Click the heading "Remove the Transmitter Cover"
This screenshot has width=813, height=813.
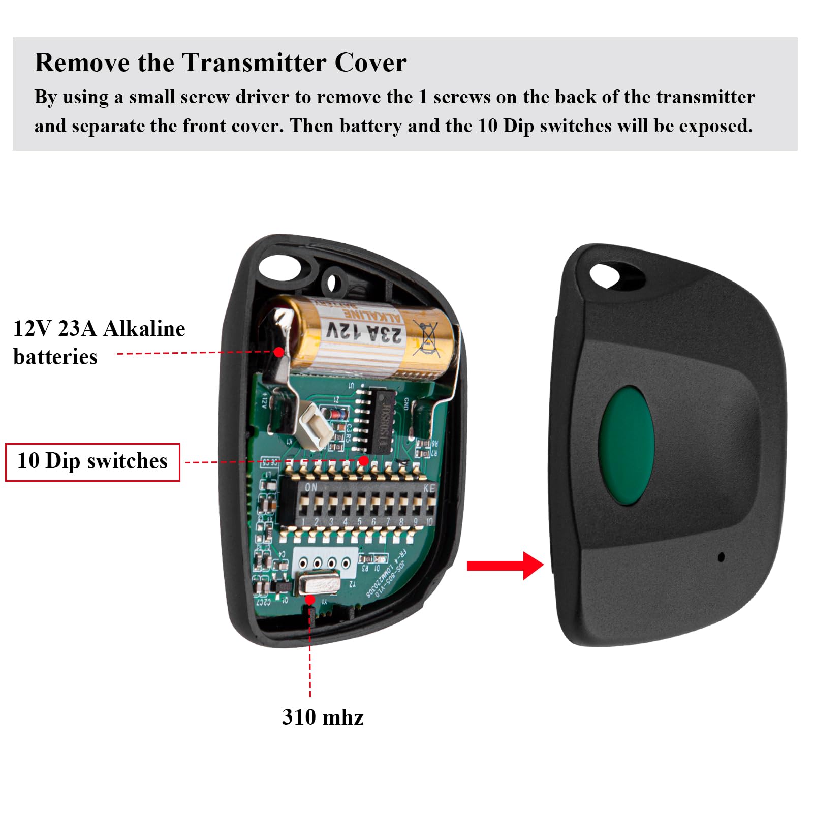(220, 63)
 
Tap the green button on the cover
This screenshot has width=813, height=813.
(626, 445)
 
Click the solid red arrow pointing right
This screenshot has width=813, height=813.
(505, 566)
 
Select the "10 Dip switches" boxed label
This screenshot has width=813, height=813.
(92, 462)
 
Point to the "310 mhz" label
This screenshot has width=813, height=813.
(323, 717)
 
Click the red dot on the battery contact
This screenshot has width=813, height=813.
(278, 352)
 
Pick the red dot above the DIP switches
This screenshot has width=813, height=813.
(364, 461)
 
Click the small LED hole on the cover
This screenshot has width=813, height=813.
(721, 557)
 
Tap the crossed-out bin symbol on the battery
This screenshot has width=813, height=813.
(426, 337)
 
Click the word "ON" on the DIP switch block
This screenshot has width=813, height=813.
(310, 487)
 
